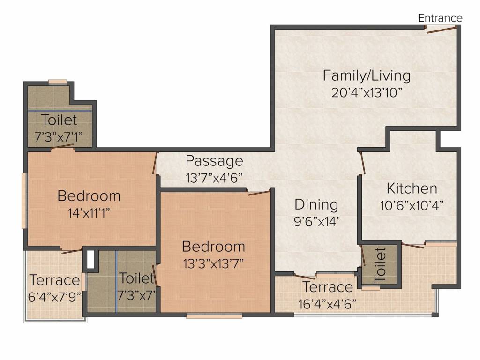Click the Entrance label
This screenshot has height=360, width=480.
click(x=440, y=18)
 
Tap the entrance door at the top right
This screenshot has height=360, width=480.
click(x=441, y=29)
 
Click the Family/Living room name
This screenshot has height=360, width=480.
click(x=367, y=76)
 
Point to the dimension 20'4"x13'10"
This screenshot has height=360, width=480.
click(x=367, y=92)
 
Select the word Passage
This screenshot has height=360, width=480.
click(x=214, y=161)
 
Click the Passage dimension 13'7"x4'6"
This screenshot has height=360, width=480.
click(x=214, y=178)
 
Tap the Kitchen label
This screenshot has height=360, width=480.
click(x=412, y=188)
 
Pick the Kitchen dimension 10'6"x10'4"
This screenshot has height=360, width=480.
click(x=412, y=205)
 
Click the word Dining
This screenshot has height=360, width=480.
click(x=316, y=205)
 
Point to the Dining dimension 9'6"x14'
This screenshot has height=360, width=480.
click(x=316, y=221)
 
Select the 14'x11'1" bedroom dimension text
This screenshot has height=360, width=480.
click(x=89, y=213)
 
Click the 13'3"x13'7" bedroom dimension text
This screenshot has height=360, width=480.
click(x=213, y=263)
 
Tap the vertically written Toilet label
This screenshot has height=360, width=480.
click(x=380, y=265)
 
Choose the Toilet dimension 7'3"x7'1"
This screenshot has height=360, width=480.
click(x=59, y=136)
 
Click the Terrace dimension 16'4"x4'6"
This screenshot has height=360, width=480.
click(x=327, y=304)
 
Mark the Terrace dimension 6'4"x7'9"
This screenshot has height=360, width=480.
click(x=54, y=297)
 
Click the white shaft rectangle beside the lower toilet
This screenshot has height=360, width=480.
click(x=90, y=260)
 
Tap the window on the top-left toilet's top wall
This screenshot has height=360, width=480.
click(x=58, y=82)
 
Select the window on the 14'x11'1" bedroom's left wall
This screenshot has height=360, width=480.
click(x=23, y=201)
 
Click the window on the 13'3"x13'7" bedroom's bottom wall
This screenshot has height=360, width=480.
click(x=214, y=315)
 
